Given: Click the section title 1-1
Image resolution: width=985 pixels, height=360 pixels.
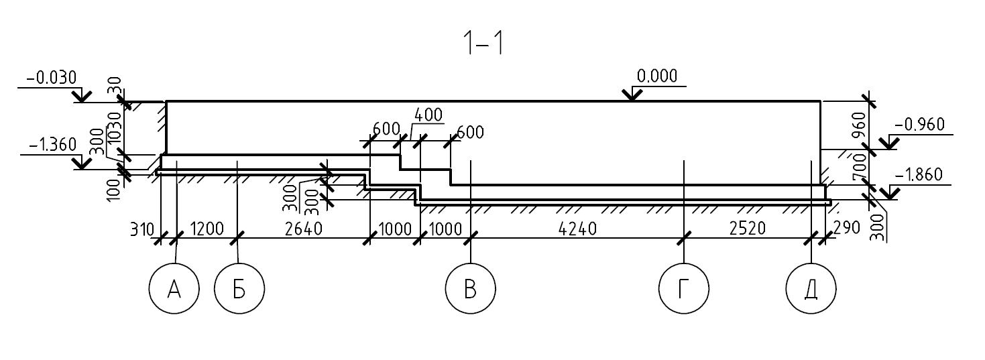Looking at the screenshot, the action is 484,44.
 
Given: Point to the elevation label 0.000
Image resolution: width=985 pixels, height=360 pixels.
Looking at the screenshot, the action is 657,76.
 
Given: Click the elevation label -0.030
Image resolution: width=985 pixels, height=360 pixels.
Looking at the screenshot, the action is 52,78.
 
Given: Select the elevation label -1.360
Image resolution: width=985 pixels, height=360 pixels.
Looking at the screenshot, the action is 52,144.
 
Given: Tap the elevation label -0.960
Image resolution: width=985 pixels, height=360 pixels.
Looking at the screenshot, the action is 919,125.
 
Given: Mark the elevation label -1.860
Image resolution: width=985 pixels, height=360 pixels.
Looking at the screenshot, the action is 919,174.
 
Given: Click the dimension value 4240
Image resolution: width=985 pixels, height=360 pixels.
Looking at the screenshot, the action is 577,229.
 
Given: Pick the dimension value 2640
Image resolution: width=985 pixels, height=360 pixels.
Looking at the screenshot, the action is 304,229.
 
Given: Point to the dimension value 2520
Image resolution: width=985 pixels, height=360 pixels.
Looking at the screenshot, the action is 748,228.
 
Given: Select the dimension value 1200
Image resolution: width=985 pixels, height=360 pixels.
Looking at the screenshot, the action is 207,229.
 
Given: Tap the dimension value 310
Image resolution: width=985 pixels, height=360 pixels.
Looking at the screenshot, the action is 141,229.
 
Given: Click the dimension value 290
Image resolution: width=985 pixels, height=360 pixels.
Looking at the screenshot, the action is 846,228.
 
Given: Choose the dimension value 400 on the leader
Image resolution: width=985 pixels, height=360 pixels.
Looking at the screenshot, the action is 428,115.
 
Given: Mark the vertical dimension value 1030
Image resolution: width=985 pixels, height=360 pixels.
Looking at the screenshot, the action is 115,128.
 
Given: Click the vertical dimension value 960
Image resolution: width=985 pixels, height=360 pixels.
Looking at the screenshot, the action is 859,125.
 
